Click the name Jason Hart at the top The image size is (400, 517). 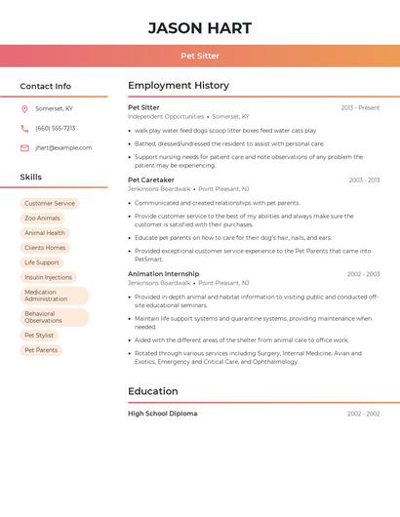tap(200, 28)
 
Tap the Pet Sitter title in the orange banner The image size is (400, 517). tap(200, 56)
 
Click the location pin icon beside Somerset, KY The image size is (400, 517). tap(24, 109)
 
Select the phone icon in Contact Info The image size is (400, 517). tap(24, 129)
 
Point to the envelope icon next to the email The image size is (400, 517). tap(24, 148)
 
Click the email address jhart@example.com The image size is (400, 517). tap(63, 148)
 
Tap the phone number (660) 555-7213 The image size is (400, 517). tap(56, 129)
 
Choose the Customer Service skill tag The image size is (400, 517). tap(50, 204)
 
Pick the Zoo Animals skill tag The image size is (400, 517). tap(42, 219)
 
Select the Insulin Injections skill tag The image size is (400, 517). tap(48, 277)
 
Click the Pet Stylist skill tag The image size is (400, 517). tap(39, 336)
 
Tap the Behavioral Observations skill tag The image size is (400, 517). tap(54, 317)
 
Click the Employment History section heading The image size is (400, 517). tap(179, 86)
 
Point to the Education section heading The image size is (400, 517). tap(153, 391)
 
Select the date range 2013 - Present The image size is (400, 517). tap(360, 107)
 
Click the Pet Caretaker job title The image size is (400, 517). tap(151, 179)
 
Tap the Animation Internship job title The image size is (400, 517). tap(163, 274)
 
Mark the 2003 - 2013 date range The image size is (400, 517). tap(364, 180)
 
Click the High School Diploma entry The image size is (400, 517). tap(163, 414)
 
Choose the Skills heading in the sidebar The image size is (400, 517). tap(31, 178)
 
